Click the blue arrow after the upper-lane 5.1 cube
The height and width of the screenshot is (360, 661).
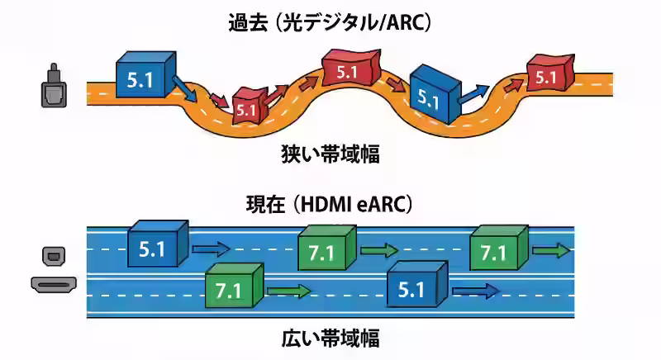(x=210, y=248)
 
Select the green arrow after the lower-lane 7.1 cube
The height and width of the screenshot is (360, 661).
(x=288, y=291)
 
